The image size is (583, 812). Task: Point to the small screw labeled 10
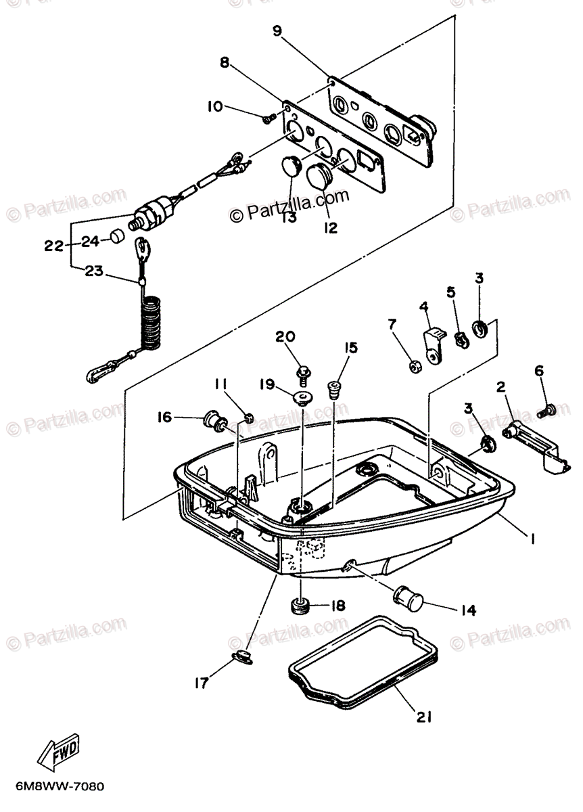268,118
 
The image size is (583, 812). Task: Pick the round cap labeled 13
290,166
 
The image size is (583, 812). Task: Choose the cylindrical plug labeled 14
405,596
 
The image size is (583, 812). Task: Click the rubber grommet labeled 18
300,604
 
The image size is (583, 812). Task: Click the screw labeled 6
546,409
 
